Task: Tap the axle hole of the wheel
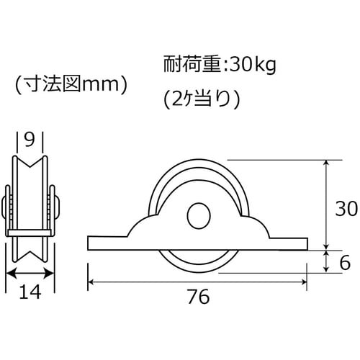197,215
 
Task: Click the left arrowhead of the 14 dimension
9,273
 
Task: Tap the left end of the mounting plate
89,242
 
